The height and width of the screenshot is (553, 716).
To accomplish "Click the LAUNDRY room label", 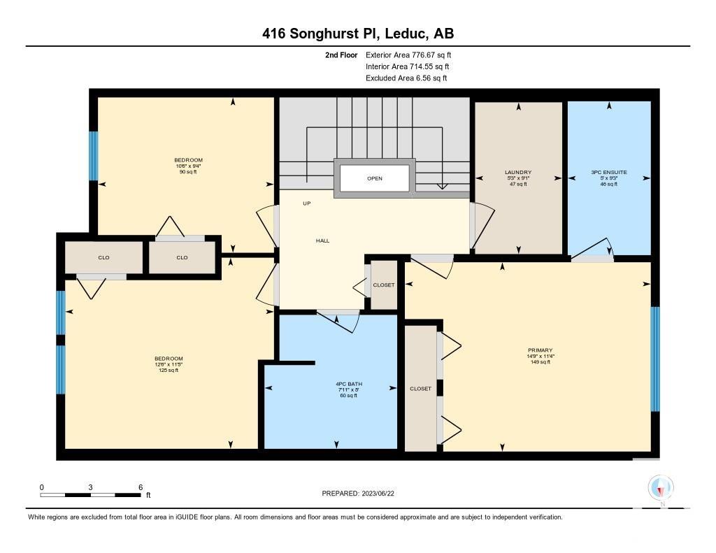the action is click(518, 172).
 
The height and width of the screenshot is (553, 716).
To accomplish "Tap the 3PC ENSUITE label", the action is click(609, 172).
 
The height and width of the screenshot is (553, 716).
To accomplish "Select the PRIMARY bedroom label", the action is click(540, 350).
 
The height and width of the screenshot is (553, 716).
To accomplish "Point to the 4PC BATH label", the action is click(349, 384).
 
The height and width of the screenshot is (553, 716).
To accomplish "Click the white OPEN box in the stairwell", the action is click(375, 178).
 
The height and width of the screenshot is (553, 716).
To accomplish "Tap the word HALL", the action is click(322, 240).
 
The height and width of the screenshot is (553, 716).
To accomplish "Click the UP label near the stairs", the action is click(307, 203).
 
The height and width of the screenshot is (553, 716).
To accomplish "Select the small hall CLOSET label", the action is click(384, 285).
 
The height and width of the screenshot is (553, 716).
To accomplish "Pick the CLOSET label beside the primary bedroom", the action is click(420, 389).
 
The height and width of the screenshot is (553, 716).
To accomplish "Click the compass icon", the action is click(661, 489).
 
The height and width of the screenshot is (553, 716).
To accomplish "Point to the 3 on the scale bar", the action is click(90, 487).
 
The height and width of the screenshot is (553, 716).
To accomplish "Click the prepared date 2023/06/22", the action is click(378, 493).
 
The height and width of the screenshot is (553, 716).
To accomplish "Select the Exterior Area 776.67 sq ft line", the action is click(408, 55).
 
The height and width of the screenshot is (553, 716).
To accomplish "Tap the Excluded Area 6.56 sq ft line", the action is click(406, 78).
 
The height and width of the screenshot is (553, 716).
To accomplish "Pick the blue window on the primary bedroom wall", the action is click(655, 359).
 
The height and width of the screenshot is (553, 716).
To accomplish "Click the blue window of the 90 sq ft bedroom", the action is click(93, 156).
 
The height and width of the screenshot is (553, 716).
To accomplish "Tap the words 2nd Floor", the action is click(341, 55).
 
